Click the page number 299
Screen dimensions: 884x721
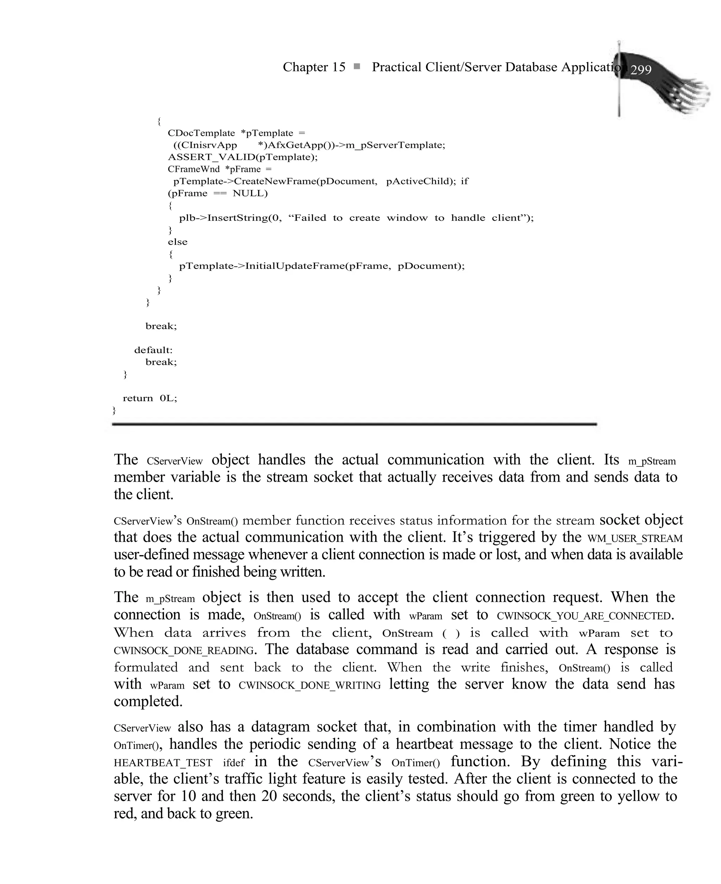click(x=641, y=70)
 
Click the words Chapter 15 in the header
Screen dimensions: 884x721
click(x=314, y=67)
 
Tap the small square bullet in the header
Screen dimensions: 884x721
click(x=356, y=66)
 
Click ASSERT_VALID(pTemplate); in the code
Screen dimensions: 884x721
click(x=243, y=157)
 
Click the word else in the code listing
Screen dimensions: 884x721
click(x=177, y=242)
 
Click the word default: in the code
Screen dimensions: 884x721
click(x=153, y=350)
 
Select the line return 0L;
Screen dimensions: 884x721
click(x=150, y=398)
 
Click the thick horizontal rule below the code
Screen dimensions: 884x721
click(x=354, y=424)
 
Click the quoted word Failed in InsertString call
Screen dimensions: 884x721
click(x=309, y=218)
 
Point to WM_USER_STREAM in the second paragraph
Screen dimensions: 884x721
click(x=635, y=539)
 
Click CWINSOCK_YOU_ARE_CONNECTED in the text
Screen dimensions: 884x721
click(x=584, y=616)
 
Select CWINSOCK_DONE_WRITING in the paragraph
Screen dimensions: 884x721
click(x=309, y=685)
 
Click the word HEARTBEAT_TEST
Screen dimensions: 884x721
click(x=163, y=763)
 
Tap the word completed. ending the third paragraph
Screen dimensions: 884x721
click(x=148, y=701)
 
